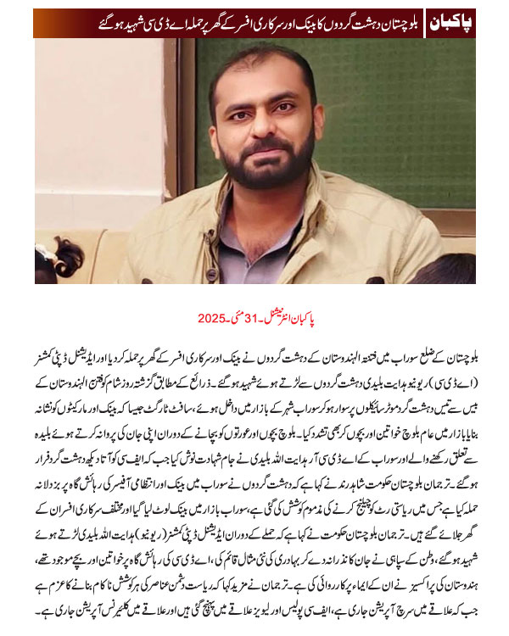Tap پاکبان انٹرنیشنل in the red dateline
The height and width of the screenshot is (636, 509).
tap(299, 319)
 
